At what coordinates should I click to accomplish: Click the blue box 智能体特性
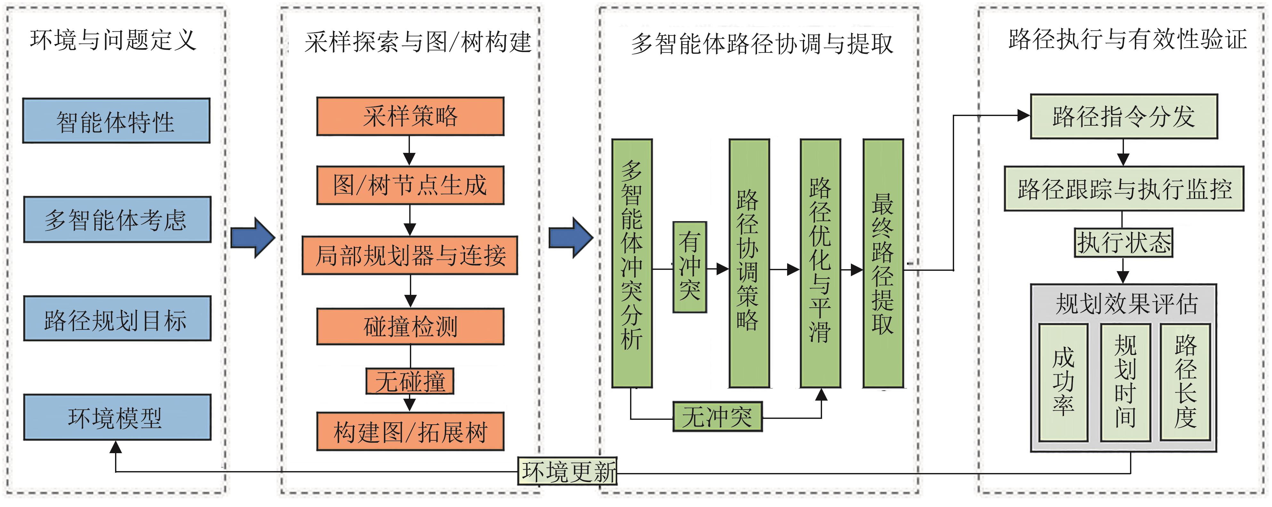pyautogui.click(x=116, y=121)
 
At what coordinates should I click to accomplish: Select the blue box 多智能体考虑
pyautogui.click(x=117, y=220)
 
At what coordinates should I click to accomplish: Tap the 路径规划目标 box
pyautogui.click(x=117, y=319)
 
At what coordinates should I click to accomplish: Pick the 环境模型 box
pyautogui.click(x=117, y=418)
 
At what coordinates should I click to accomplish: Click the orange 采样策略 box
pyautogui.click(x=410, y=117)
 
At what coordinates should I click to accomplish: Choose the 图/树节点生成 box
pyautogui.click(x=410, y=186)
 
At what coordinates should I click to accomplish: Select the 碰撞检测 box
pyautogui.click(x=410, y=326)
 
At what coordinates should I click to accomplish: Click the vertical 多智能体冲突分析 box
pyautogui.click(x=632, y=263)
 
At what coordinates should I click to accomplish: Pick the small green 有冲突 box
pyautogui.click(x=689, y=267)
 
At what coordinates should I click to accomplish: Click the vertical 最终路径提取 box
pyautogui.click(x=883, y=263)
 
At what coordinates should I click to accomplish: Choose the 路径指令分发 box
pyautogui.click(x=1123, y=117)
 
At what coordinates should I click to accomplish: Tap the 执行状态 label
pyautogui.click(x=1123, y=242)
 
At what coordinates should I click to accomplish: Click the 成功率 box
pyautogui.click(x=1063, y=382)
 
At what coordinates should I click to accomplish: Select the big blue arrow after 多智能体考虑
pyautogui.click(x=252, y=237)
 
